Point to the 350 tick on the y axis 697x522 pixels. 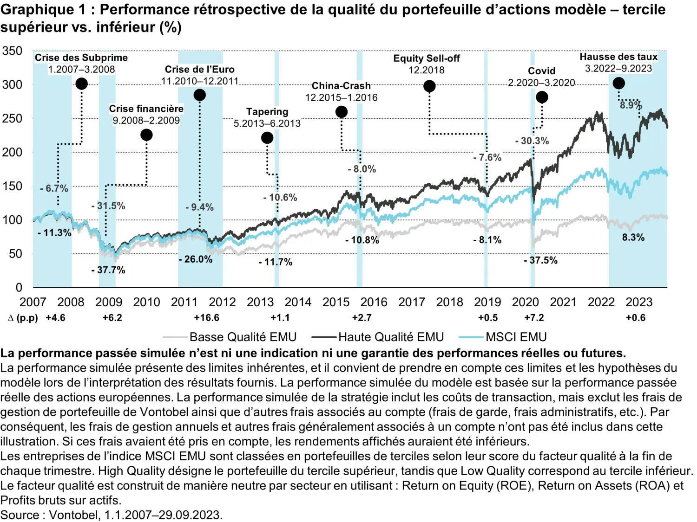click(12, 51)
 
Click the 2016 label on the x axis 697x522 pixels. click(374, 302)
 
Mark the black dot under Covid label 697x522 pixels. click(542, 97)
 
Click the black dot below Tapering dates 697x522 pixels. click(267, 138)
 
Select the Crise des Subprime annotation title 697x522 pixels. click(81, 58)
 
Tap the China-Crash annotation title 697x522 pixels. click(341, 86)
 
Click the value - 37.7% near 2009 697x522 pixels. click(108, 270)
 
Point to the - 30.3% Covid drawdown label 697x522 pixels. click(532, 141)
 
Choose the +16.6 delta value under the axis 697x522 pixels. click(206, 318)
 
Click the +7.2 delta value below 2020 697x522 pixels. click(534, 318)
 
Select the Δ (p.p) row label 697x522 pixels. click(23, 318)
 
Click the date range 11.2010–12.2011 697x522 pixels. click(200, 81)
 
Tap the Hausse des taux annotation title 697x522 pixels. click(618, 57)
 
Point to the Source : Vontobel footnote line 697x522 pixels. click(112, 515)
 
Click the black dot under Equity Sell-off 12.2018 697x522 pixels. click(429, 86)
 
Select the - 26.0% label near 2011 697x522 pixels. click(196, 259)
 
